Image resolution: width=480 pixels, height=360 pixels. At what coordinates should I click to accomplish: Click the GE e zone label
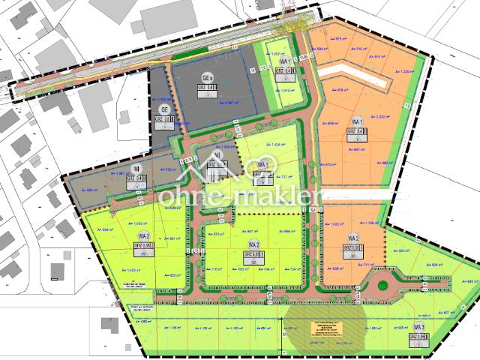(x=208, y=78)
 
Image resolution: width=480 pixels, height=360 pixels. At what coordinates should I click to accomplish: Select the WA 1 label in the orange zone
(x=356, y=122)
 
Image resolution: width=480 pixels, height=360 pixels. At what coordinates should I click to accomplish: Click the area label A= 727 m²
(x=286, y=177)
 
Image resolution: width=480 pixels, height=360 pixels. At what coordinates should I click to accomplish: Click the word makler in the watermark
(x=277, y=197)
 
